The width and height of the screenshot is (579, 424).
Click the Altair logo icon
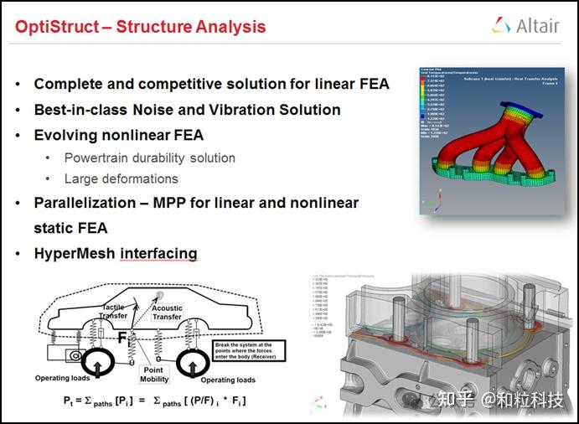point(502,26)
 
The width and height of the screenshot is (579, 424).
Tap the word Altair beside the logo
point(537,26)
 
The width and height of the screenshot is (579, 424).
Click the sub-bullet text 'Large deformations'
point(121,178)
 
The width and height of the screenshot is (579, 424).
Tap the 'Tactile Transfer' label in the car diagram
point(113,312)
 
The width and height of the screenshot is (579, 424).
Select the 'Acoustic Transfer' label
point(168,313)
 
